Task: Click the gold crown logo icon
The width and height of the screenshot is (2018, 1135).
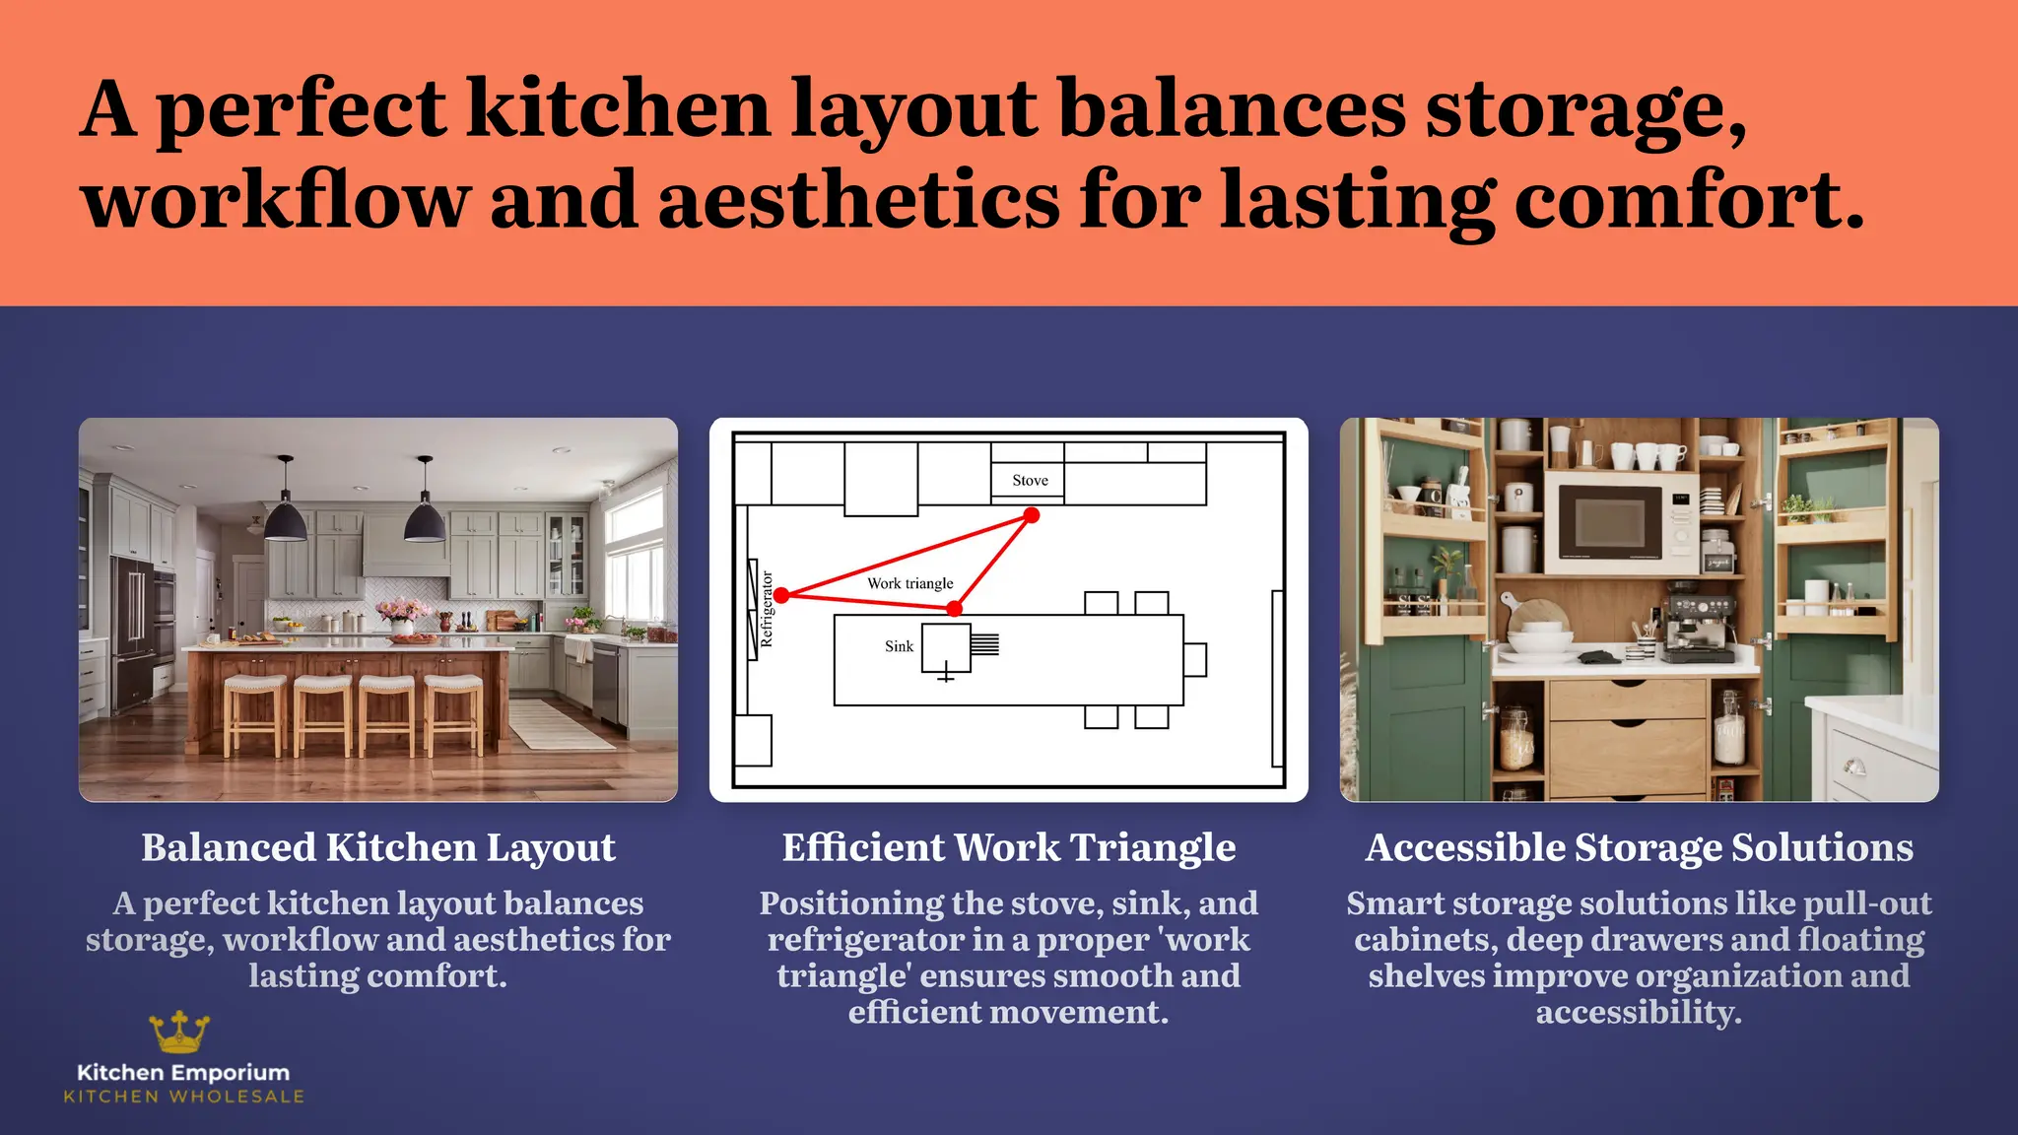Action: [x=179, y=1032]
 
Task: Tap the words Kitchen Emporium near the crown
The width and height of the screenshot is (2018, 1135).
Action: [x=183, y=1072]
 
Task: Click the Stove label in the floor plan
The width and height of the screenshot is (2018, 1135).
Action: [x=1030, y=480]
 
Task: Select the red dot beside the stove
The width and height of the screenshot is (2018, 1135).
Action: [x=1031, y=515]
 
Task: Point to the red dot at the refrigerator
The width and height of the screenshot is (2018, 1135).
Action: [x=781, y=595]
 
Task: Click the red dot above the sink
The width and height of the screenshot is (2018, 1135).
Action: [x=954, y=610]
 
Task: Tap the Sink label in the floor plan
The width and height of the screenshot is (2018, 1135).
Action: [x=899, y=646]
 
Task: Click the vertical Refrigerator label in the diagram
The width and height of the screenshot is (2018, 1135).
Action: [x=767, y=609]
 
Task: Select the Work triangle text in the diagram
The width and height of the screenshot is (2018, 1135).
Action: [x=909, y=583]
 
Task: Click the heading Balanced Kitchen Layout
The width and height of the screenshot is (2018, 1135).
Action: [x=378, y=847]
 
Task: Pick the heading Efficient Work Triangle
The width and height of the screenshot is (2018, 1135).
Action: [x=1008, y=847]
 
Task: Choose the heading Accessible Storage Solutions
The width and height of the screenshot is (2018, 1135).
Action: [x=1639, y=847]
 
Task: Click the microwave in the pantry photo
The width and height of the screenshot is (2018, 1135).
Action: [x=1621, y=522]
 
